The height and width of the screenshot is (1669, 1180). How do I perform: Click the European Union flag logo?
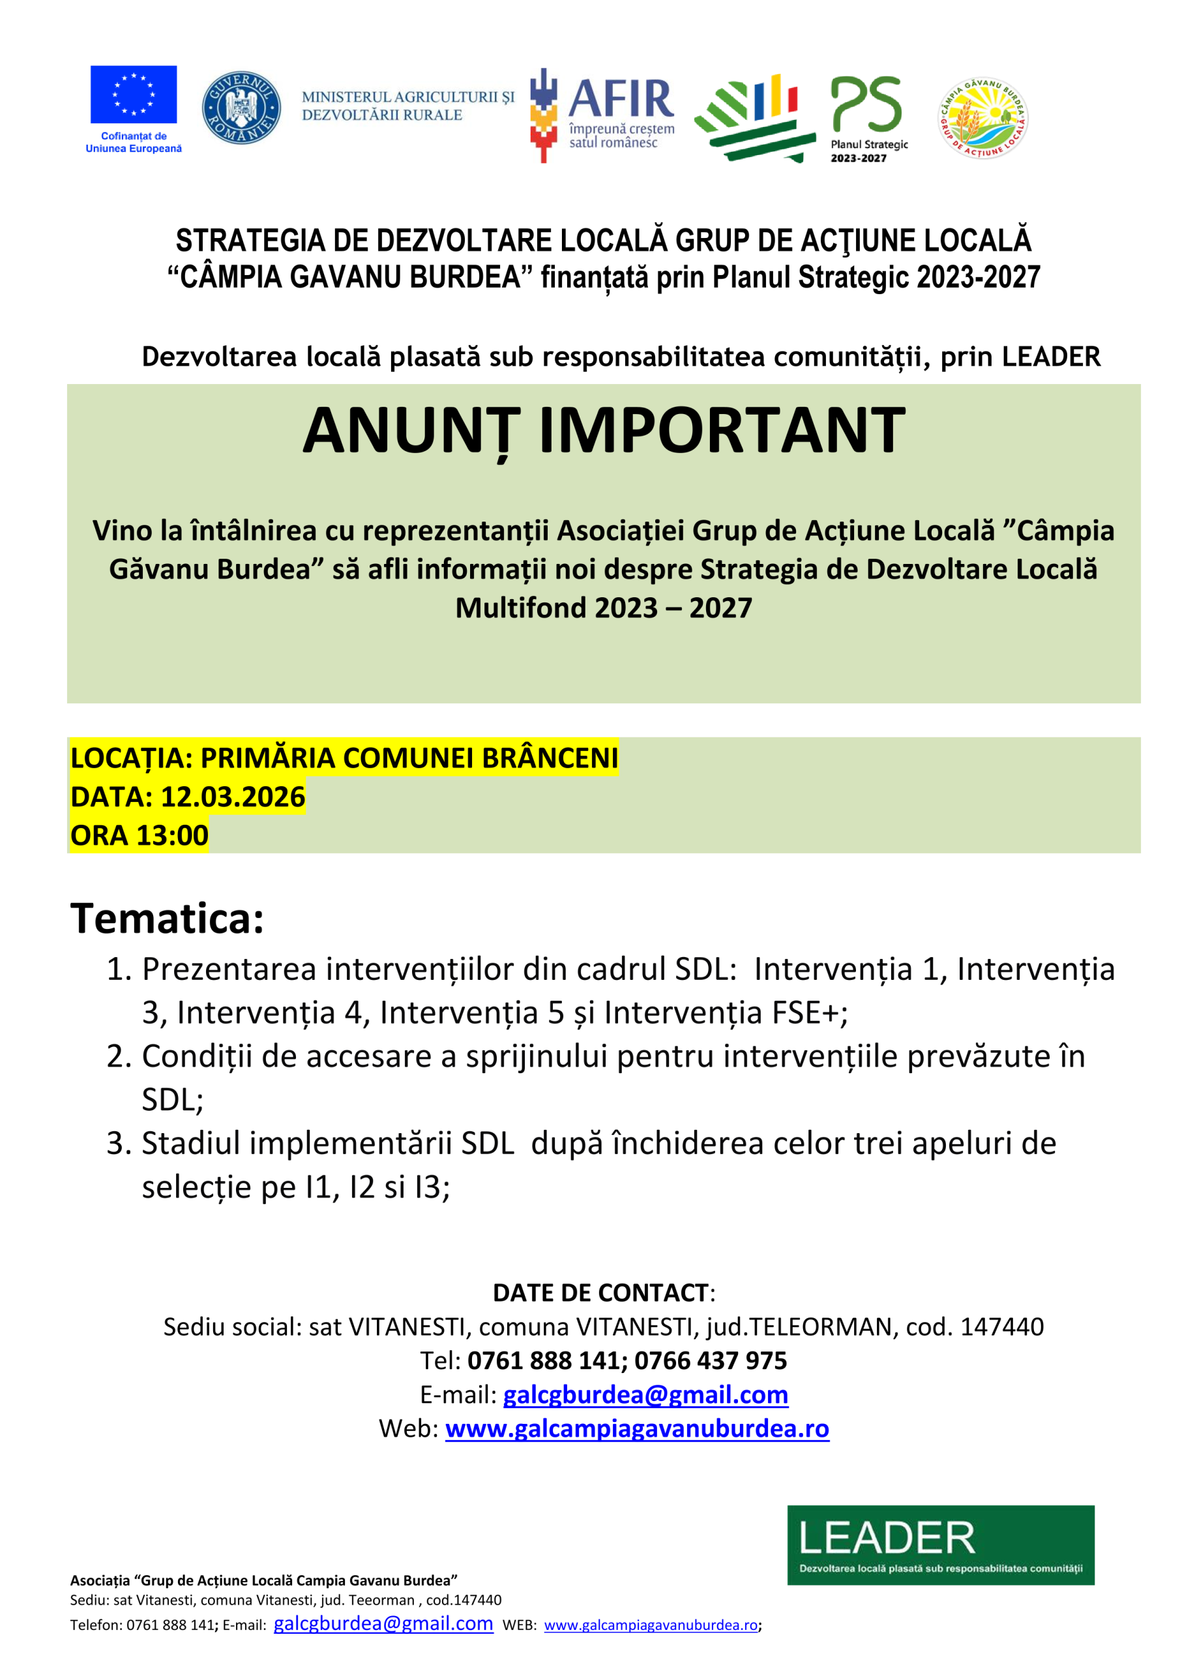(133, 95)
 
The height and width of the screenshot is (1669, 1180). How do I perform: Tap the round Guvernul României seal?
(241, 108)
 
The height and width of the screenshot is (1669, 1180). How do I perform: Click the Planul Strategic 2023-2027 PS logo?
(867, 116)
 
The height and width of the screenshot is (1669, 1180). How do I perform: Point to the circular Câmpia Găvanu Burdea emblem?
(982, 119)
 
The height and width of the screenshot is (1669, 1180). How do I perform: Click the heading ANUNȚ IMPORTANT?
(604, 430)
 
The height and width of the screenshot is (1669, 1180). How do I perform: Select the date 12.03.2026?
(233, 797)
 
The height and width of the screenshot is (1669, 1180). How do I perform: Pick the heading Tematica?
(168, 918)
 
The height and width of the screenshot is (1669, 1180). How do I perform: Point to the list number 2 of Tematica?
(118, 1056)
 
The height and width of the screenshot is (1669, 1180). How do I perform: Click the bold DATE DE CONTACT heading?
(600, 1292)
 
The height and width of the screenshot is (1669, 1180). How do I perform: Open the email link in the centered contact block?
(645, 1395)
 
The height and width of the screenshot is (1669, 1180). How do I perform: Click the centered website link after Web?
(637, 1428)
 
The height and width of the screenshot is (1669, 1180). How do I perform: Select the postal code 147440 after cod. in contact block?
(1002, 1327)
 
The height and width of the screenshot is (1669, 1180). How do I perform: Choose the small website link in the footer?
(651, 1625)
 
